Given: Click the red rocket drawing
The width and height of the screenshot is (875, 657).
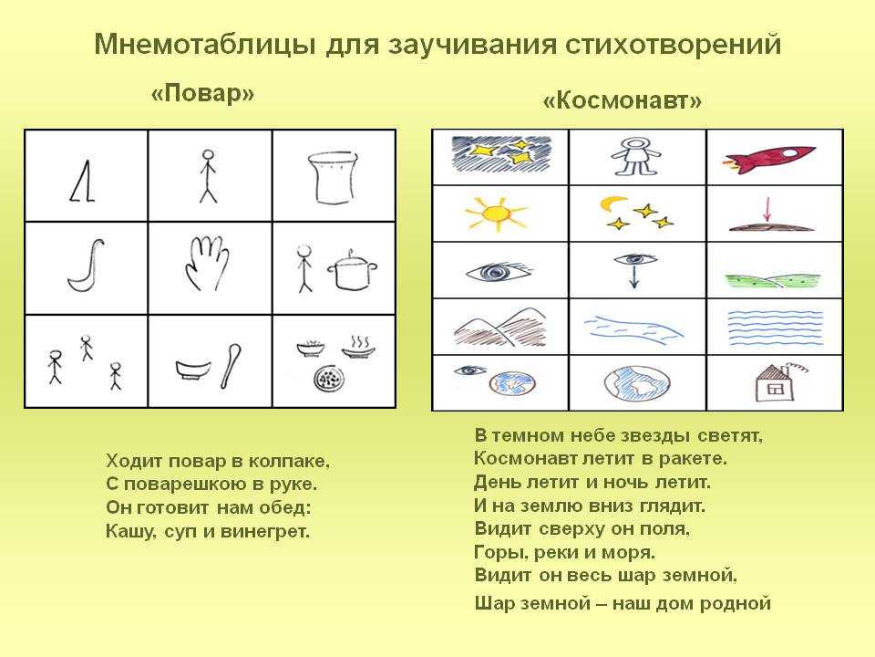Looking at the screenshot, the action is click(769, 159).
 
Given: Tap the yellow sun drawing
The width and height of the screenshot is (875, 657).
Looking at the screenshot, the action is click(496, 214).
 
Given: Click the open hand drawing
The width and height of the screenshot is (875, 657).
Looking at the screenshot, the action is click(207, 263).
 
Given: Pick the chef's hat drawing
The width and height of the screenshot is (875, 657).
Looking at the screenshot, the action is click(334, 178).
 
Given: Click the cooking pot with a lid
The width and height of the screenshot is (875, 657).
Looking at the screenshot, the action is click(352, 271).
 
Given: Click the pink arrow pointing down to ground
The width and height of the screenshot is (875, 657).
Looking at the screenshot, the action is click(767, 210).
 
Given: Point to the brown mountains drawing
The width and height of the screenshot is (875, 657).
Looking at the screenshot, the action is click(499, 327).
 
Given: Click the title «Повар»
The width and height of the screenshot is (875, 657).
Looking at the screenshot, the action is click(202, 93).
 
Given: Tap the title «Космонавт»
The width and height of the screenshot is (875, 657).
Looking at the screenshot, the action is click(622, 100).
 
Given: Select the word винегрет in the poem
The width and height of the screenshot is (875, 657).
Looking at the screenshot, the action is click(264, 531).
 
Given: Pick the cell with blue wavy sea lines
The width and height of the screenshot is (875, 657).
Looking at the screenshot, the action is click(775, 327).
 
